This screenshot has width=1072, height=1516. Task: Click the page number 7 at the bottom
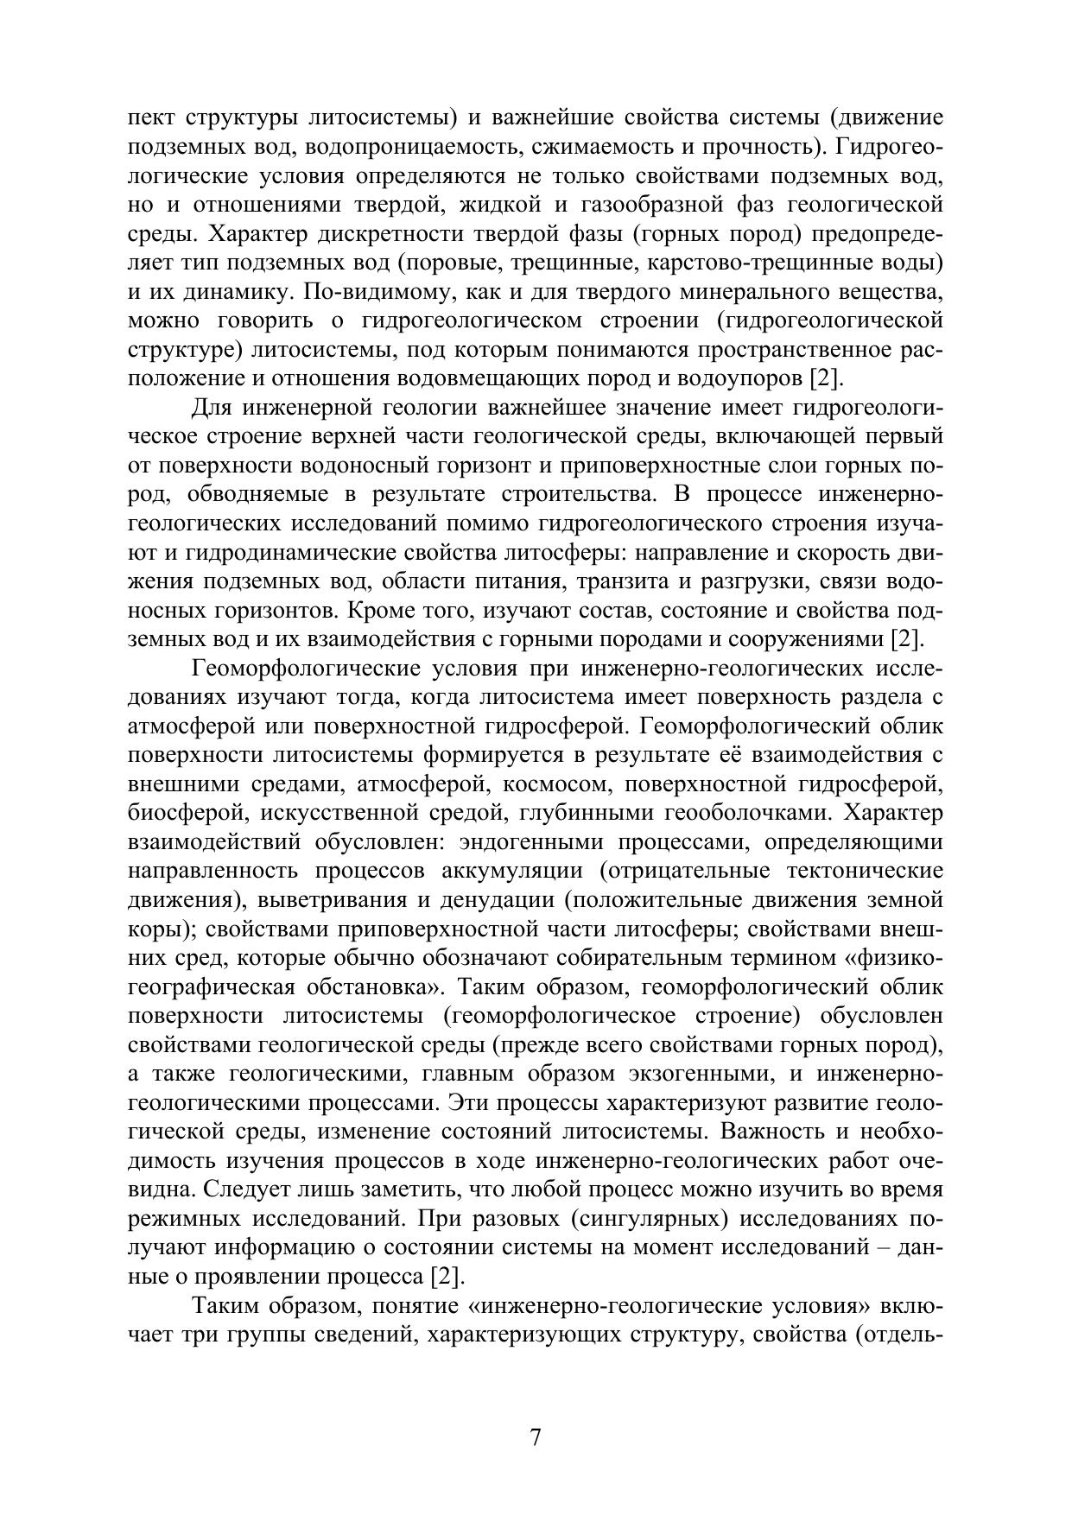536,1439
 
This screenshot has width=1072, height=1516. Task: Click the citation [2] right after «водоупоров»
823,378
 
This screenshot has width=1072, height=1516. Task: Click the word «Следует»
242,1189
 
